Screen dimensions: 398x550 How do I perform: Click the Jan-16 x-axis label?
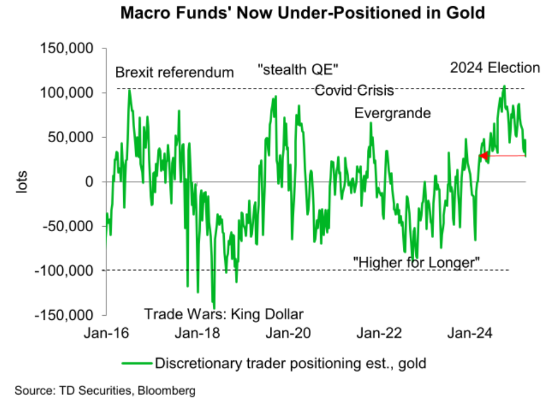tap(106, 332)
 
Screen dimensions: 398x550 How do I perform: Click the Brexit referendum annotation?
tap(175, 73)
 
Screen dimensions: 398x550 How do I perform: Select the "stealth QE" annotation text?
tap(298, 70)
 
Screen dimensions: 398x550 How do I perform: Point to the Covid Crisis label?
tap(354, 90)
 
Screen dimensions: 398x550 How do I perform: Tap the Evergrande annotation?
tap(393, 112)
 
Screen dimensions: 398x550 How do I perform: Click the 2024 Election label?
tap(494, 69)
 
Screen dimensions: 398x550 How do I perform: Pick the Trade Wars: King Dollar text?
tap(224, 313)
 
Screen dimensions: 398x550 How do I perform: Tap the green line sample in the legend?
tap(137, 363)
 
